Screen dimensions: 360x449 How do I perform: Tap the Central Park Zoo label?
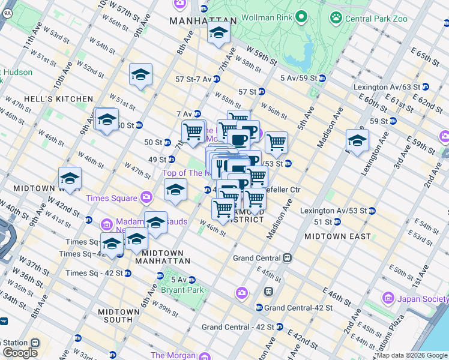(x=376, y=19)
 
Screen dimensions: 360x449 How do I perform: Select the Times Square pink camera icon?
(x=146, y=197)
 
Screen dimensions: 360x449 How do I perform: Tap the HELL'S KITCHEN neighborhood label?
(x=59, y=99)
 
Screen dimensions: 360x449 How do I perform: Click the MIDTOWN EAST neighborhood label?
(x=337, y=236)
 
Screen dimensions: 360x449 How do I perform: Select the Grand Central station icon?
(x=288, y=258)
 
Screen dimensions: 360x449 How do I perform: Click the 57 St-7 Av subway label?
(x=193, y=79)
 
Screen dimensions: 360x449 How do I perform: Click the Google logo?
(x=19, y=353)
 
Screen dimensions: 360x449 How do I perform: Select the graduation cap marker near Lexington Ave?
(x=357, y=141)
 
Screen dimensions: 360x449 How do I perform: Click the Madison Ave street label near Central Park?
(x=330, y=127)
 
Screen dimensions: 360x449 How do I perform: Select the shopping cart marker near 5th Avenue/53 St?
(x=276, y=142)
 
